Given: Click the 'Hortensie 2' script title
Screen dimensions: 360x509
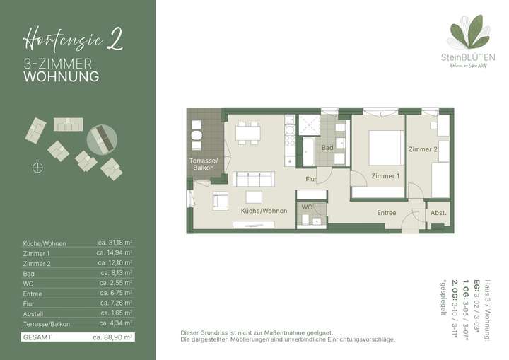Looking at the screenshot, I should click(73, 37).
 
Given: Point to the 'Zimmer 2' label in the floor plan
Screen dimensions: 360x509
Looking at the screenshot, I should click(423, 149).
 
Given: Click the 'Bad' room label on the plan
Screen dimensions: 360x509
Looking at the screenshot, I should click(327, 148).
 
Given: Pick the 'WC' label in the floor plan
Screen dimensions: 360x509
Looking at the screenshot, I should click(307, 207).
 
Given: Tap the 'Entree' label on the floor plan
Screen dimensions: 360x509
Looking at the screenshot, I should click(387, 213).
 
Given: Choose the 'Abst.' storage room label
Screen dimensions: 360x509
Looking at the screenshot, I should click(438, 213).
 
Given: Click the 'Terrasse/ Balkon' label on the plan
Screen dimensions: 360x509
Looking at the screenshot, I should click(204, 164).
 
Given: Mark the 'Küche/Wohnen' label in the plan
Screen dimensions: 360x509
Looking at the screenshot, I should click(263, 211).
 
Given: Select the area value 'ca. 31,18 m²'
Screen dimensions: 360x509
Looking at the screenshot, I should click(115, 243).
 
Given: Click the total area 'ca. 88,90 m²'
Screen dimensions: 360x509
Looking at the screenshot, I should click(113, 337).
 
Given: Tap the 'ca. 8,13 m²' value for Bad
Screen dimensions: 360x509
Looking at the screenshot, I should click(117, 273).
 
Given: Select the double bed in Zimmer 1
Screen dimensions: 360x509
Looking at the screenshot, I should click(383, 147).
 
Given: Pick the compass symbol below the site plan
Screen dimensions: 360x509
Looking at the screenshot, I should click(37, 167).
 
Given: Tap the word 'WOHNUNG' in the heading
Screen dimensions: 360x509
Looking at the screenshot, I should click(61, 76).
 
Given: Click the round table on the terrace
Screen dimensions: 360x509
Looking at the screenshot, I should click(197, 134).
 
